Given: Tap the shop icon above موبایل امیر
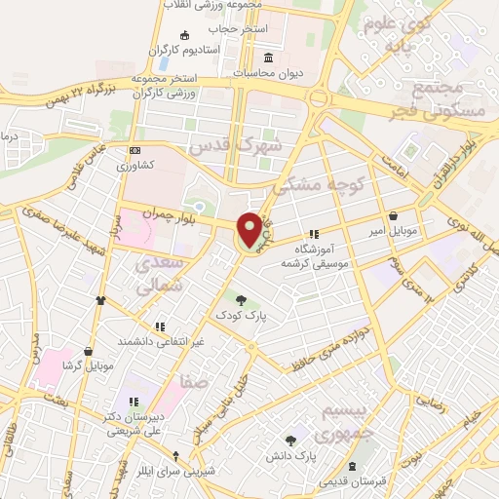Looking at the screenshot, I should [x=392, y=215].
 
